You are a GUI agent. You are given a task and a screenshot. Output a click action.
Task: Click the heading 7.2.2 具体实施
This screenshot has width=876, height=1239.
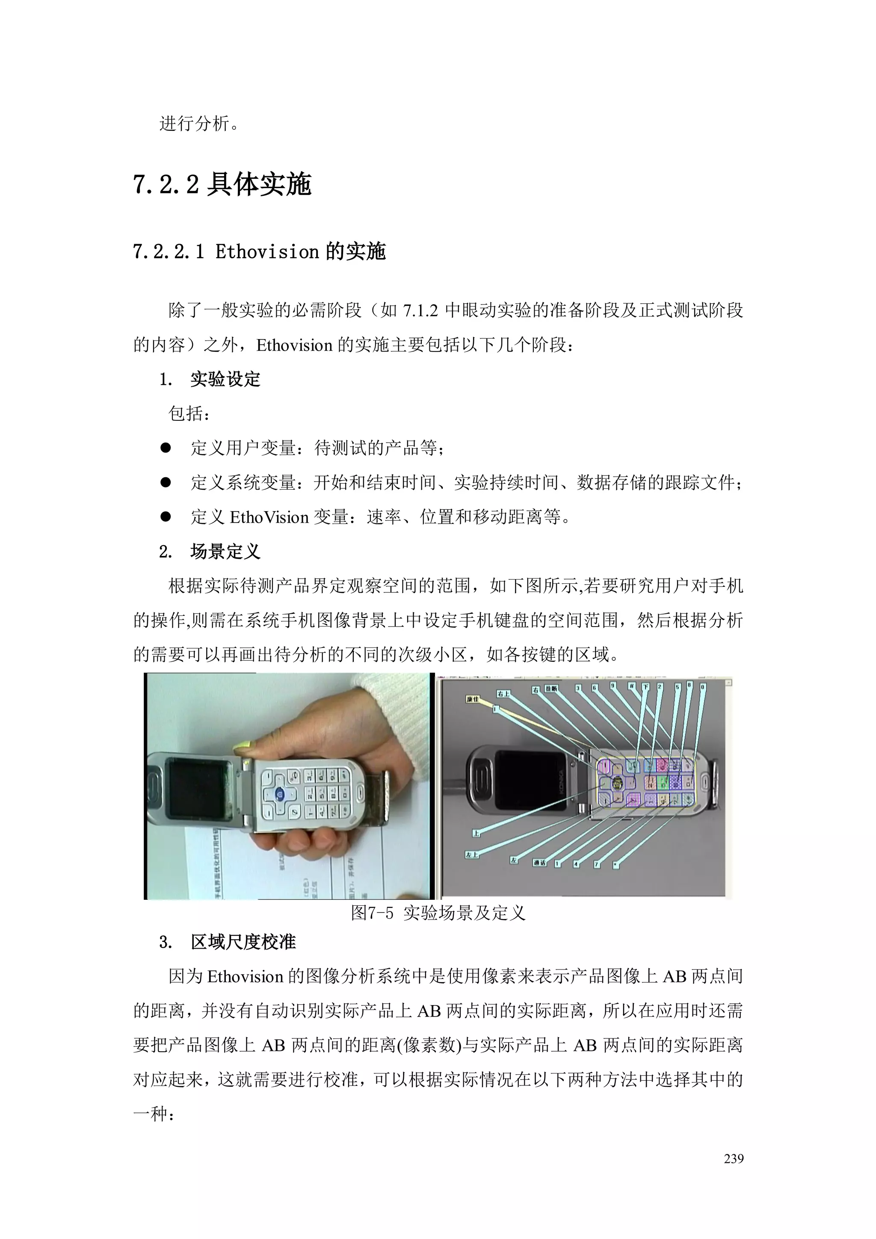222,184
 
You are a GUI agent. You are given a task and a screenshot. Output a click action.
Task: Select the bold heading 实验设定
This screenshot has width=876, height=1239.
225,379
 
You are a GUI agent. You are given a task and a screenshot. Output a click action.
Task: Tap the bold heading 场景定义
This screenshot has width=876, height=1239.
225,552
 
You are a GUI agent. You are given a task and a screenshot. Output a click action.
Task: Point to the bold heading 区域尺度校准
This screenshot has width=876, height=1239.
243,942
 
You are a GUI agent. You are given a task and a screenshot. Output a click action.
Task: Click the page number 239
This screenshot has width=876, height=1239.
734,1158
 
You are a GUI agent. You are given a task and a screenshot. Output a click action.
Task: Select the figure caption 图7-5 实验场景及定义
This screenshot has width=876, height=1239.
438,913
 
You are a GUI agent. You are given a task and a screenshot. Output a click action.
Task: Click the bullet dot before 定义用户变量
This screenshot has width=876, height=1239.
166,448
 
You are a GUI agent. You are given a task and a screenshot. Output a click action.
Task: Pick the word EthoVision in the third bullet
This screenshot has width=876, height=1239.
269,517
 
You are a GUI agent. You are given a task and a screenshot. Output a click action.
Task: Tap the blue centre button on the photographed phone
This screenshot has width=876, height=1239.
279,793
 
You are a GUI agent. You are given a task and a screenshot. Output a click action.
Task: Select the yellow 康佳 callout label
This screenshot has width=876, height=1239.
473,699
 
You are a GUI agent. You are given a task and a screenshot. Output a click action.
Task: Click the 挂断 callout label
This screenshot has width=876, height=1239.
550,689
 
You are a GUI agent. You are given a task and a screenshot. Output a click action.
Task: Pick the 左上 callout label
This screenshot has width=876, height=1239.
472,854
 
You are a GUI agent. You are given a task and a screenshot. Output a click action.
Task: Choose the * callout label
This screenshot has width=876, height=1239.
616,866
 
